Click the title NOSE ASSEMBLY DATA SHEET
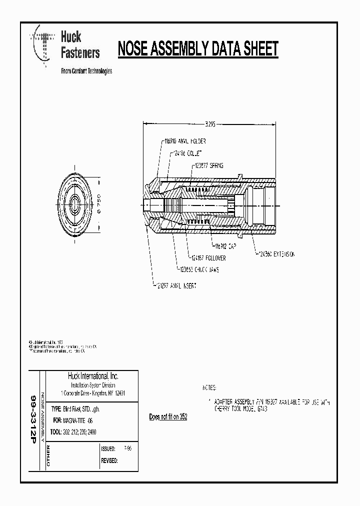[197, 49]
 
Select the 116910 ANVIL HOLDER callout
[184, 141]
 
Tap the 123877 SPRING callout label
[208, 165]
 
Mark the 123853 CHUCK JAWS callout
[199, 269]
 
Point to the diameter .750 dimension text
[98, 204]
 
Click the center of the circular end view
[76, 204]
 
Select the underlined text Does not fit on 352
[168, 416]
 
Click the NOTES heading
[209, 387]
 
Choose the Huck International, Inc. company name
[93, 376]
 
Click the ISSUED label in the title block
[108, 449]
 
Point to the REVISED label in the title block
[109, 460]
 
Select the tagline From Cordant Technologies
[86, 71]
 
